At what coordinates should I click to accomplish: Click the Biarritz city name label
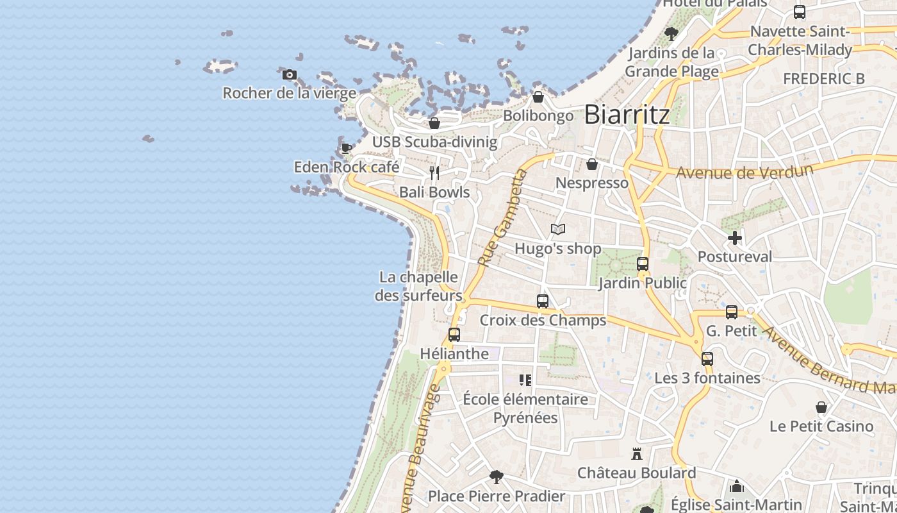tap(627, 115)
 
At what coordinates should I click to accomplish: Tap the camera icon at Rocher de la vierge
tap(290, 75)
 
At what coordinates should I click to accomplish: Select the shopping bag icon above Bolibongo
tap(538, 97)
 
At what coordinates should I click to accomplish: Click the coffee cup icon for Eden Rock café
tap(347, 149)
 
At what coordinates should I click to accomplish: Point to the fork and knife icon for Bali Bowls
tap(434, 173)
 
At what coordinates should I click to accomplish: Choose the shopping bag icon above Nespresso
tap(592, 164)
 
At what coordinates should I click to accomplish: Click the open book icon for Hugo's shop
tap(558, 229)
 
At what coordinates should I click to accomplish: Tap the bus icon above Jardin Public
tap(643, 264)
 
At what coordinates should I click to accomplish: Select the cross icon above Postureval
tap(735, 238)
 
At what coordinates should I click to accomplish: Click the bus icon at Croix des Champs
tap(543, 301)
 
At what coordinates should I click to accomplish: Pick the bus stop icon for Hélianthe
tap(454, 335)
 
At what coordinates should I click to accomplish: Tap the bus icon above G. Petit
tap(732, 312)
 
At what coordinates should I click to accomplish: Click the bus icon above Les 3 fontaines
tap(707, 359)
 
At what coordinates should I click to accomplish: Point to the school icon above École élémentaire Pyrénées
tap(525, 380)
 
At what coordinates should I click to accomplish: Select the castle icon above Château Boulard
tap(637, 454)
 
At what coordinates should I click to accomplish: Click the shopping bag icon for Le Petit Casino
tap(821, 407)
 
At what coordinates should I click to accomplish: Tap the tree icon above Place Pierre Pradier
tap(496, 477)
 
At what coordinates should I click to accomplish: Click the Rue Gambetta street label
tap(502, 218)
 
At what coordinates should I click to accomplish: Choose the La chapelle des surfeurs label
tap(419, 286)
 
